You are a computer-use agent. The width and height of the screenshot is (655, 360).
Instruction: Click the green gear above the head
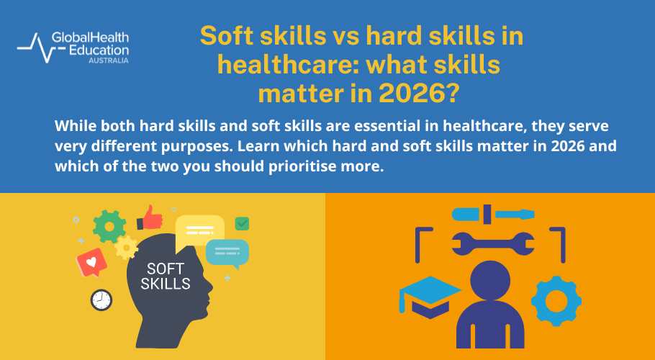(109, 225)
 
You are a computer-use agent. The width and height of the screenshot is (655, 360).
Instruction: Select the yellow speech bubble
(199, 232)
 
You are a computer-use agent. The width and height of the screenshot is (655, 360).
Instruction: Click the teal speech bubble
(227, 252)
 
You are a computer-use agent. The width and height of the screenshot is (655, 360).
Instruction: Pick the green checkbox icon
(242, 223)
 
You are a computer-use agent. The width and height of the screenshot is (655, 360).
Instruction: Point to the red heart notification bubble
(91, 263)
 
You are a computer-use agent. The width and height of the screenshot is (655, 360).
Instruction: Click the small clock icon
(101, 300)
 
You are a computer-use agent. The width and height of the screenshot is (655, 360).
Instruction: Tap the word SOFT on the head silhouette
(166, 269)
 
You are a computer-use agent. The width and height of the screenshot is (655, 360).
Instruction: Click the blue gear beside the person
(556, 300)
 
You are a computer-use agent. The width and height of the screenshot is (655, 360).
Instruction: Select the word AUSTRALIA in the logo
(108, 61)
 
